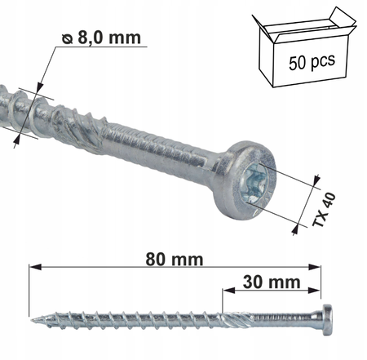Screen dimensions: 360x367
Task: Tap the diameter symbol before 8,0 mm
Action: [68, 37]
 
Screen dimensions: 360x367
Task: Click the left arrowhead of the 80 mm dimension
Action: [33, 266]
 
